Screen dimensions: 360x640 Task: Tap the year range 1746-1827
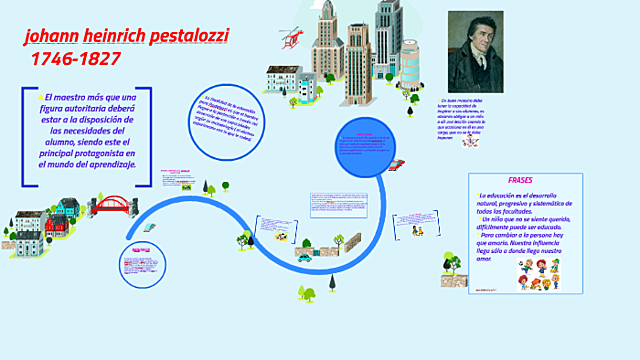coord(76,60)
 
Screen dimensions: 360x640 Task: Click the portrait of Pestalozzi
coord(475,53)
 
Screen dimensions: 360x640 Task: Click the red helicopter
coord(290,37)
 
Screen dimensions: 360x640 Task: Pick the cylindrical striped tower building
coord(356,61)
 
